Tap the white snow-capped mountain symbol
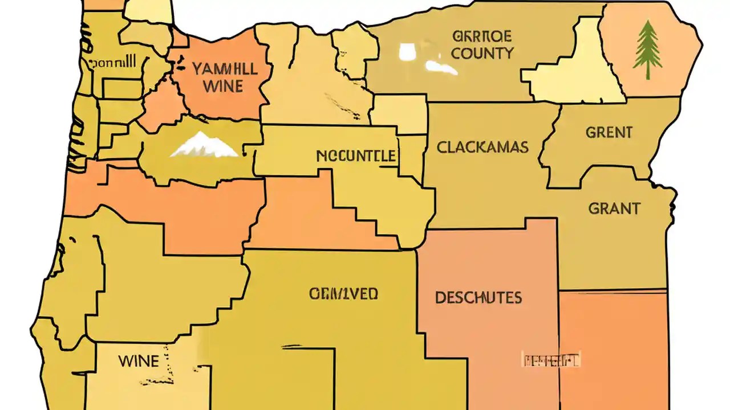pyautogui.click(x=204, y=145)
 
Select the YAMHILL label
pyautogui.click(x=224, y=69)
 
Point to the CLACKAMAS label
pyautogui.click(x=482, y=147)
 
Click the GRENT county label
pyautogui.click(x=609, y=133)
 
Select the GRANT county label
pyautogui.click(x=614, y=208)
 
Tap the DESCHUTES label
pyautogui.click(x=478, y=297)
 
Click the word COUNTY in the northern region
pyautogui.click(x=482, y=54)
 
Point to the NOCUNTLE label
pyautogui.click(x=356, y=155)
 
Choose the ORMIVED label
pyautogui.click(x=343, y=294)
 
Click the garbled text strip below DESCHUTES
pyautogui.click(x=551, y=360)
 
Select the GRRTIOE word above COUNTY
pyautogui.click(x=482, y=36)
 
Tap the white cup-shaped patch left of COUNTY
pyautogui.click(x=406, y=52)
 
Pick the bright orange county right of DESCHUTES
pyautogui.click(x=613, y=347)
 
